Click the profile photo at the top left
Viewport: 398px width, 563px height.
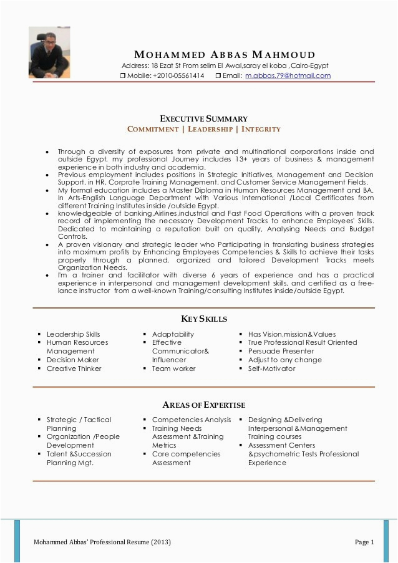tap(49, 52)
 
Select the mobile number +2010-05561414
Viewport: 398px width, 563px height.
tap(178, 76)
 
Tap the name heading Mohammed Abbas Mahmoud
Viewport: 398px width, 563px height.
tap(225, 55)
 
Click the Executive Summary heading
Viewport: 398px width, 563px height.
tap(204, 118)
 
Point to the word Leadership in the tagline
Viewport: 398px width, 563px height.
tap(208, 129)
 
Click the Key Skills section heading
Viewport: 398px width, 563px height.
tap(204, 319)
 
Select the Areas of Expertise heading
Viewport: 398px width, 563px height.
tap(204, 405)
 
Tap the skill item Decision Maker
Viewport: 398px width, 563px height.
tap(72, 360)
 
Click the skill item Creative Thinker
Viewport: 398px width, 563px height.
tap(74, 368)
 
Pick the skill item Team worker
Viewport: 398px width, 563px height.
tap(173, 368)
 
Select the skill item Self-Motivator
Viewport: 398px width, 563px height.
tap(271, 368)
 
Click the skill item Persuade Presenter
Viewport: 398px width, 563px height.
tap(281, 351)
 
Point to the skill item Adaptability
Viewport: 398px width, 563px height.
tap(173, 334)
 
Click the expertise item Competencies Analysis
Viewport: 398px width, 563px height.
tap(191, 420)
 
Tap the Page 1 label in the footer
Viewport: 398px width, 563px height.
tap(364, 542)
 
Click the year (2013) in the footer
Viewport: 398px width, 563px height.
tap(158, 542)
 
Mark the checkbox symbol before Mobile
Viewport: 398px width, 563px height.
tap(123, 76)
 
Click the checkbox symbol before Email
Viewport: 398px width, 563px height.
tap(218, 76)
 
